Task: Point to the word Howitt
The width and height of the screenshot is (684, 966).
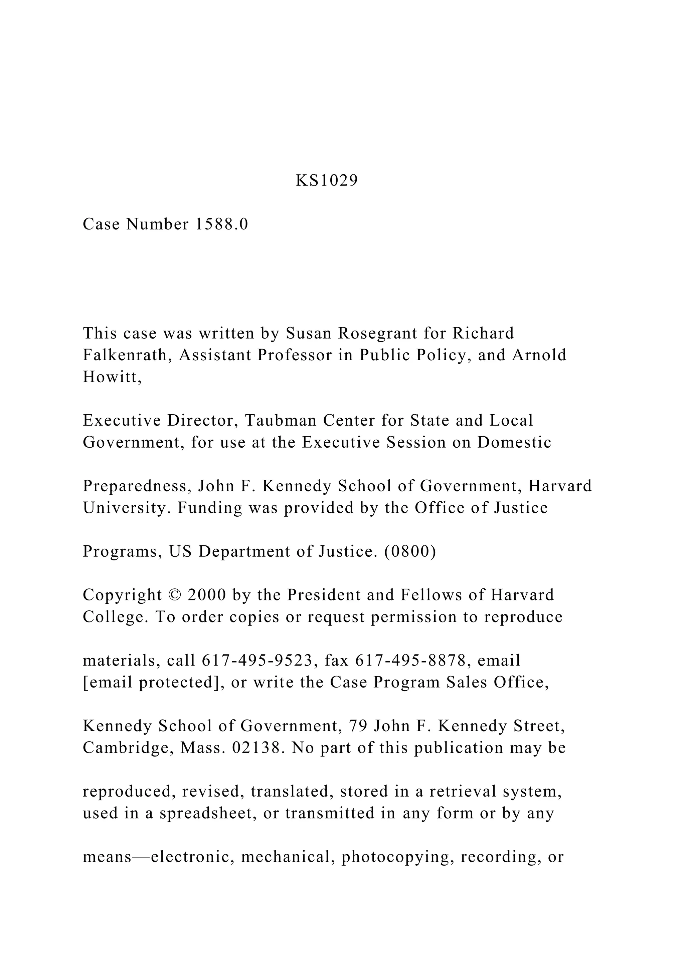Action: pyautogui.click(x=112, y=377)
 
